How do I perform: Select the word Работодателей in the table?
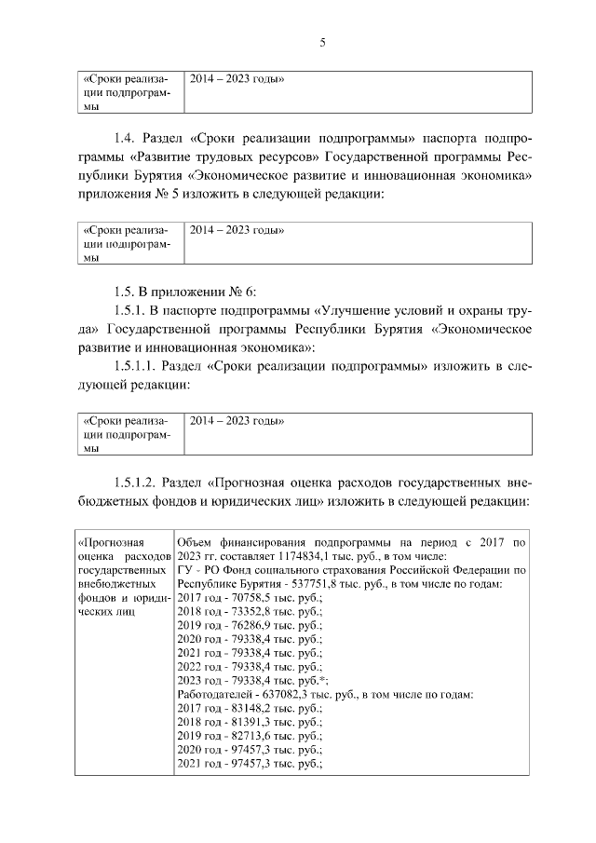coord(214,694)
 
